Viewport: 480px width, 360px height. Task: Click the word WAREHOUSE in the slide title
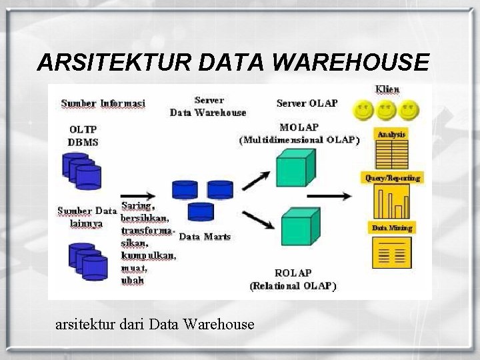click(x=351, y=63)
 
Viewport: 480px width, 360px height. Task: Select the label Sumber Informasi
click(x=103, y=103)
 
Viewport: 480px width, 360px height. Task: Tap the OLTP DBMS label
click(x=83, y=135)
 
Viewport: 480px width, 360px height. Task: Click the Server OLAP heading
click(x=307, y=103)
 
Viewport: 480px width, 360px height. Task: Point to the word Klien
click(x=387, y=89)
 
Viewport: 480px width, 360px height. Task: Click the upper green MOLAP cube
click(x=293, y=167)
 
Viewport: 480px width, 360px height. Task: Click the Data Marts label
click(x=205, y=237)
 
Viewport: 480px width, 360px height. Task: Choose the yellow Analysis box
click(x=391, y=134)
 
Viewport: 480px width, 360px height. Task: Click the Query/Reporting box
click(x=392, y=178)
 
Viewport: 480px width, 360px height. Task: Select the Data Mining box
click(x=391, y=228)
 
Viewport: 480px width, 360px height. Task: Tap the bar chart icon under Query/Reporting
click(x=392, y=201)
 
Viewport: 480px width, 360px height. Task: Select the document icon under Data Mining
click(x=392, y=252)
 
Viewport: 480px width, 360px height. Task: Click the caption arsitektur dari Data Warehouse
click(x=155, y=325)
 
